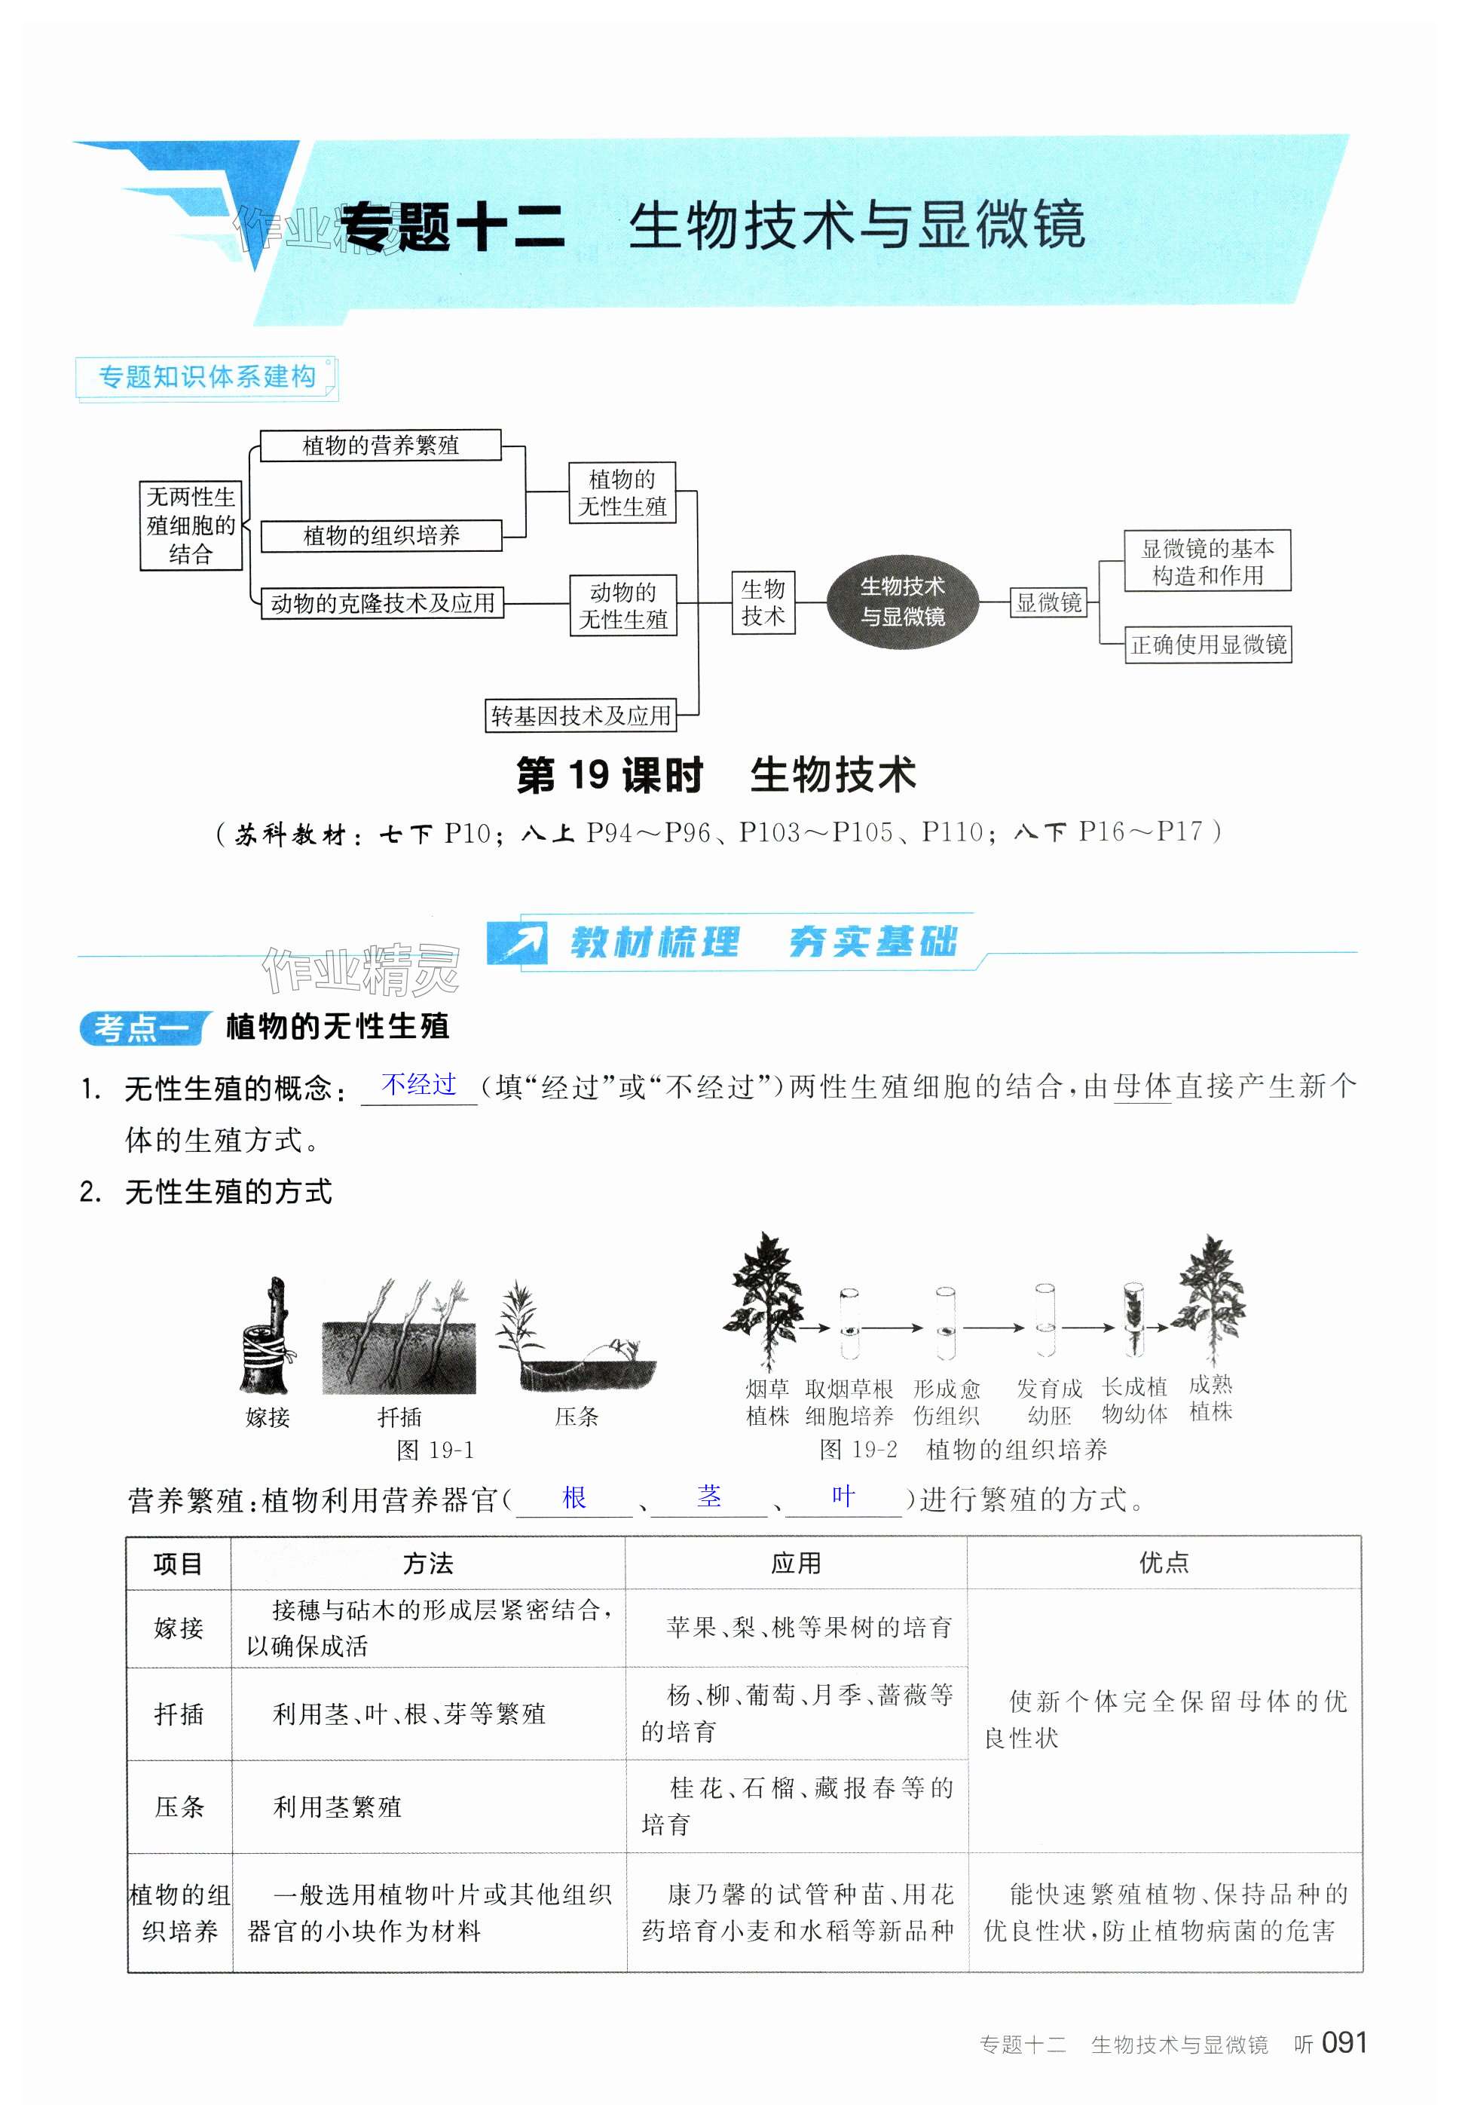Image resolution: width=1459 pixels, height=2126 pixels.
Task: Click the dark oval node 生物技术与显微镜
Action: pos(902,601)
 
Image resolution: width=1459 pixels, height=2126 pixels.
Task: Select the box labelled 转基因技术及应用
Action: pos(581,715)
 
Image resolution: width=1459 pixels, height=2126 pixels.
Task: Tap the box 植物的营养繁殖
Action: pos(381,446)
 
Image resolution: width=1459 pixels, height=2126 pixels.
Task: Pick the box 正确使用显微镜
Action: pos(1207,644)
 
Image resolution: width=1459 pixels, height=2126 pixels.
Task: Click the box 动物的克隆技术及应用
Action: pos(382,603)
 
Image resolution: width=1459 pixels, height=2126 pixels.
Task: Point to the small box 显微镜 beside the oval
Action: pos(1048,602)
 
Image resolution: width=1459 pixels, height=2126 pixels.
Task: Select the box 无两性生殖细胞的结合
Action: pos(190,525)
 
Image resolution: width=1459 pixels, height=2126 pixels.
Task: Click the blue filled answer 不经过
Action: pos(419,1085)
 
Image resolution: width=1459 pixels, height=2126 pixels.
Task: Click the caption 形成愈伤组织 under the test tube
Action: pos(946,1402)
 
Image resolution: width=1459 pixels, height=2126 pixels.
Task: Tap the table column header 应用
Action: pos(796,1564)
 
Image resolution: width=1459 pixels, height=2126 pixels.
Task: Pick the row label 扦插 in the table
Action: pos(179,1714)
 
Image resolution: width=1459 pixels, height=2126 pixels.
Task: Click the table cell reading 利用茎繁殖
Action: pos(337,1807)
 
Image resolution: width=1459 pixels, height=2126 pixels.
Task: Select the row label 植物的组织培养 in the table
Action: pos(179,1913)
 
